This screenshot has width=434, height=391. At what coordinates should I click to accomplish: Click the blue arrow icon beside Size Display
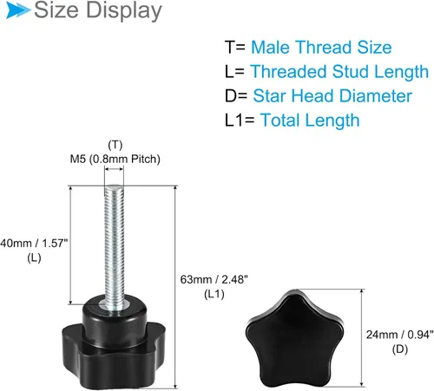[x=18, y=10]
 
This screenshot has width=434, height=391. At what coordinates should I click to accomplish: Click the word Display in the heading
[x=124, y=10]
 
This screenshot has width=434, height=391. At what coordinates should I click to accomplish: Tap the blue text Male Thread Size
[x=321, y=47]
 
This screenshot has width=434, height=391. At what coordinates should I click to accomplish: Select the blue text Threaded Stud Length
[x=339, y=72]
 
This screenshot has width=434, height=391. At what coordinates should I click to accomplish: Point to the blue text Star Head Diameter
[x=332, y=96]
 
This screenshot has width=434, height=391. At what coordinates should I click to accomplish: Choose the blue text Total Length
[x=310, y=121]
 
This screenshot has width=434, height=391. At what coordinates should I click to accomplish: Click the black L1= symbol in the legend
[x=240, y=121]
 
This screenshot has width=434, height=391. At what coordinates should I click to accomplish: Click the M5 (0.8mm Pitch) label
[x=115, y=159]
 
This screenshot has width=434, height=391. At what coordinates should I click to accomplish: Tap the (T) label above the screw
[x=115, y=145]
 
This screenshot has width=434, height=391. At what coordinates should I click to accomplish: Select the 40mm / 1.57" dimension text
[x=34, y=244]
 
